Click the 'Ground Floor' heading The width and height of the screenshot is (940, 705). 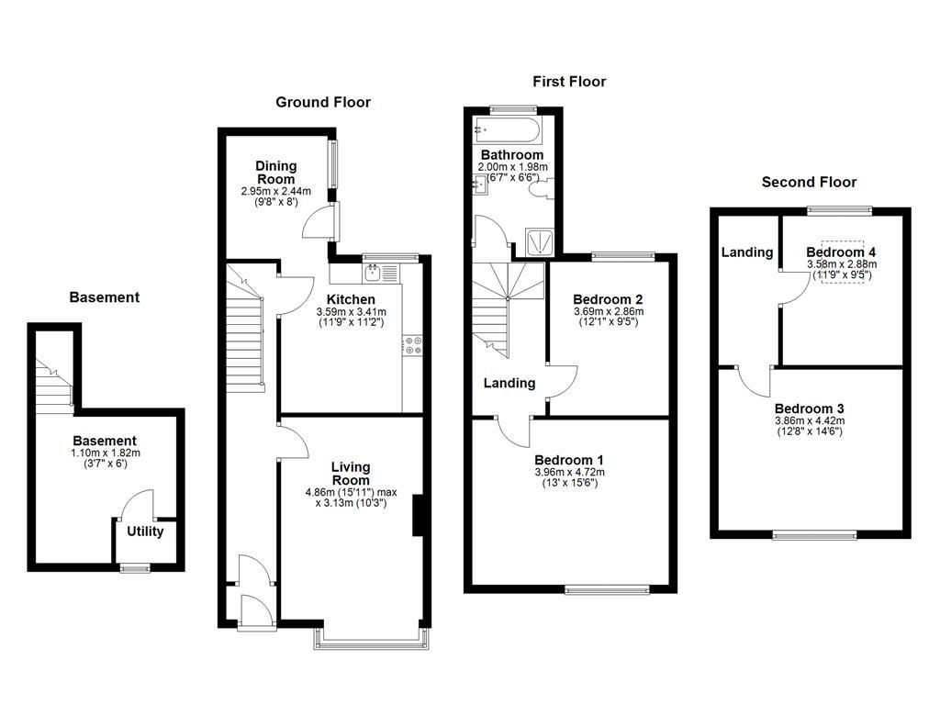click(x=323, y=102)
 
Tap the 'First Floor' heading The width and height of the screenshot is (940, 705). click(x=569, y=82)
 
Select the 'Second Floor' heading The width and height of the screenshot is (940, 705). click(x=809, y=182)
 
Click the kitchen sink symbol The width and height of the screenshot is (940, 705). click(x=374, y=272)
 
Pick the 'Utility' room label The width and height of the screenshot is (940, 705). click(x=145, y=531)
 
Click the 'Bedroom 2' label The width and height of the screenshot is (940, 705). click(x=607, y=299)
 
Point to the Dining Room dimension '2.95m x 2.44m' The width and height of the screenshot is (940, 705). click(x=276, y=191)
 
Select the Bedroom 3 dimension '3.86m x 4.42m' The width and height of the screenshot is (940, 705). click(x=809, y=420)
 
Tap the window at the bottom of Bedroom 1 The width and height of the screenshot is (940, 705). click(x=608, y=588)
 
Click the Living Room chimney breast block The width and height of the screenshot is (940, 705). click(x=418, y=515)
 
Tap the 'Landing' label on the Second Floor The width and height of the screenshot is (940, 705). click(x=746, y=252)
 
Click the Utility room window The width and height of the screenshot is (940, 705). click(x=136, y=568)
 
